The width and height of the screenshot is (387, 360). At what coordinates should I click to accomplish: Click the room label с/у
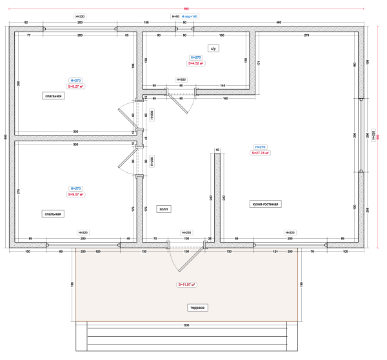(212, 48)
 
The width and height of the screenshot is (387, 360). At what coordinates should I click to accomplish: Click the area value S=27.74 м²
(261, 154)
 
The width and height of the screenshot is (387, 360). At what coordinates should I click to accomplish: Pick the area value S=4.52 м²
(195, 64)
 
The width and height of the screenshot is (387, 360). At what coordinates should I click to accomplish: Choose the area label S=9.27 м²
(76, 86)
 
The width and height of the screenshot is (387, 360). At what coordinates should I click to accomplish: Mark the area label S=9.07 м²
(75, 194)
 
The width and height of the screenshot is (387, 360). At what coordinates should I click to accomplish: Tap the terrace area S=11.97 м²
(187, 285)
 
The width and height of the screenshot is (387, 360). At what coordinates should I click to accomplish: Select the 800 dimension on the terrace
(187, 325)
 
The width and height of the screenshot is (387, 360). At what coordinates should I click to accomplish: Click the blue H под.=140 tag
(190, 15)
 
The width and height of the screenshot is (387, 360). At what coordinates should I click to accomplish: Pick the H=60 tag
(175, 15)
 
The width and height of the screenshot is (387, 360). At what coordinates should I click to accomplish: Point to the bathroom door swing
(179, 102)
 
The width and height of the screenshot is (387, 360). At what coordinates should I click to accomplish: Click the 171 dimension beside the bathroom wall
(259, 63)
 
